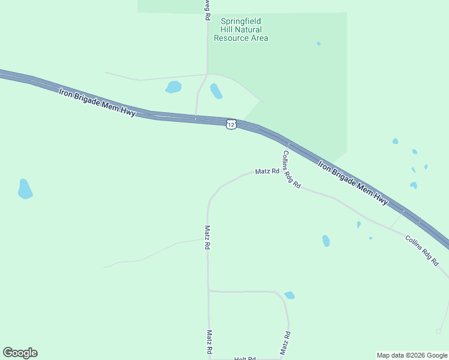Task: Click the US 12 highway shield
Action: pos(232,124)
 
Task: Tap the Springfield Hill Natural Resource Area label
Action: pos(241,29)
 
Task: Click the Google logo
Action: pos(20,353)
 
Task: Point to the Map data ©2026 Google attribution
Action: pos(412,355)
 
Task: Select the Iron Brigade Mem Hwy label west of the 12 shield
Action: pos(97,102)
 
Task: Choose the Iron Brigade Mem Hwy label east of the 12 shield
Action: pos(352,182)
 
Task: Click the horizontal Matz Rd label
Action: pos(267,171)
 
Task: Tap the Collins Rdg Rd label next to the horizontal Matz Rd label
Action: pos(291,169)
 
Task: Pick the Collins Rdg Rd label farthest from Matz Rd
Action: pos(423,250)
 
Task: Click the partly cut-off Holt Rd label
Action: pos(245,358)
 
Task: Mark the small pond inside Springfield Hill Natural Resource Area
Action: pos(318,43)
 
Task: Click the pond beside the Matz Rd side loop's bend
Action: pos(289,295)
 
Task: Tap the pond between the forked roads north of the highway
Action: pos(215,91)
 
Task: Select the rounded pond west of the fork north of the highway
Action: pos(173,87)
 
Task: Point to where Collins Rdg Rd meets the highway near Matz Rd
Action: pos(288,144)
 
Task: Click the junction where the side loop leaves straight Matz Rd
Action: pos(208,291)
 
